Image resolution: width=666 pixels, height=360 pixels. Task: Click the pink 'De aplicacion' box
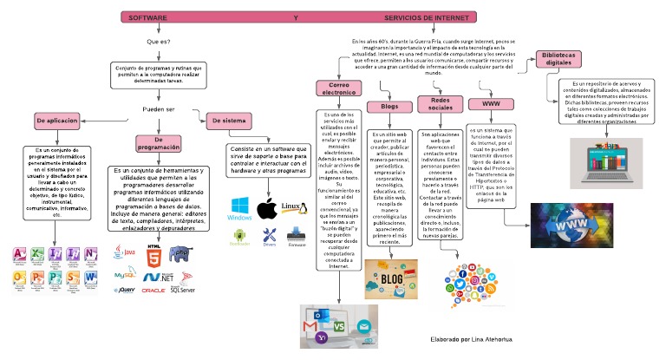(x=56, y=120)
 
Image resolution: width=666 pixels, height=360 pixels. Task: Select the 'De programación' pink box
(x=159, y=144)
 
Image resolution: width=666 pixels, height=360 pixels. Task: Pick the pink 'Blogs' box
(x=390, y=106)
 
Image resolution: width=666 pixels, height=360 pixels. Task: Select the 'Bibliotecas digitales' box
(x=558, y=59)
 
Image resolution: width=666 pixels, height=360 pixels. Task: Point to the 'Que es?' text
(x=159, y=42)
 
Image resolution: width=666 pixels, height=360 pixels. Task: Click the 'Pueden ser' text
(x=159, y=109)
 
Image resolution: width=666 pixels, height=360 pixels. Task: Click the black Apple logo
(x=268, y=208)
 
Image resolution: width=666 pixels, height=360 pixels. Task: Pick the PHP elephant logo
(x=180, y=253)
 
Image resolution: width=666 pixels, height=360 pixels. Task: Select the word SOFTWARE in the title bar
(x=147, y=18)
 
